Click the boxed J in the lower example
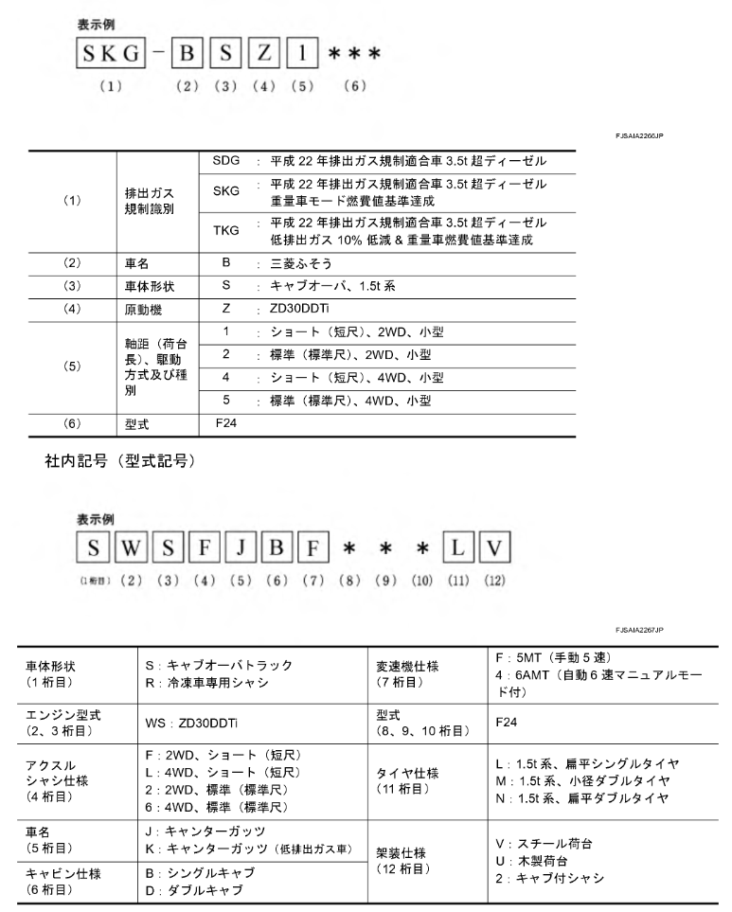(x=240, y=546)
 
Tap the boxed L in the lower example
(x=458, y=546)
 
